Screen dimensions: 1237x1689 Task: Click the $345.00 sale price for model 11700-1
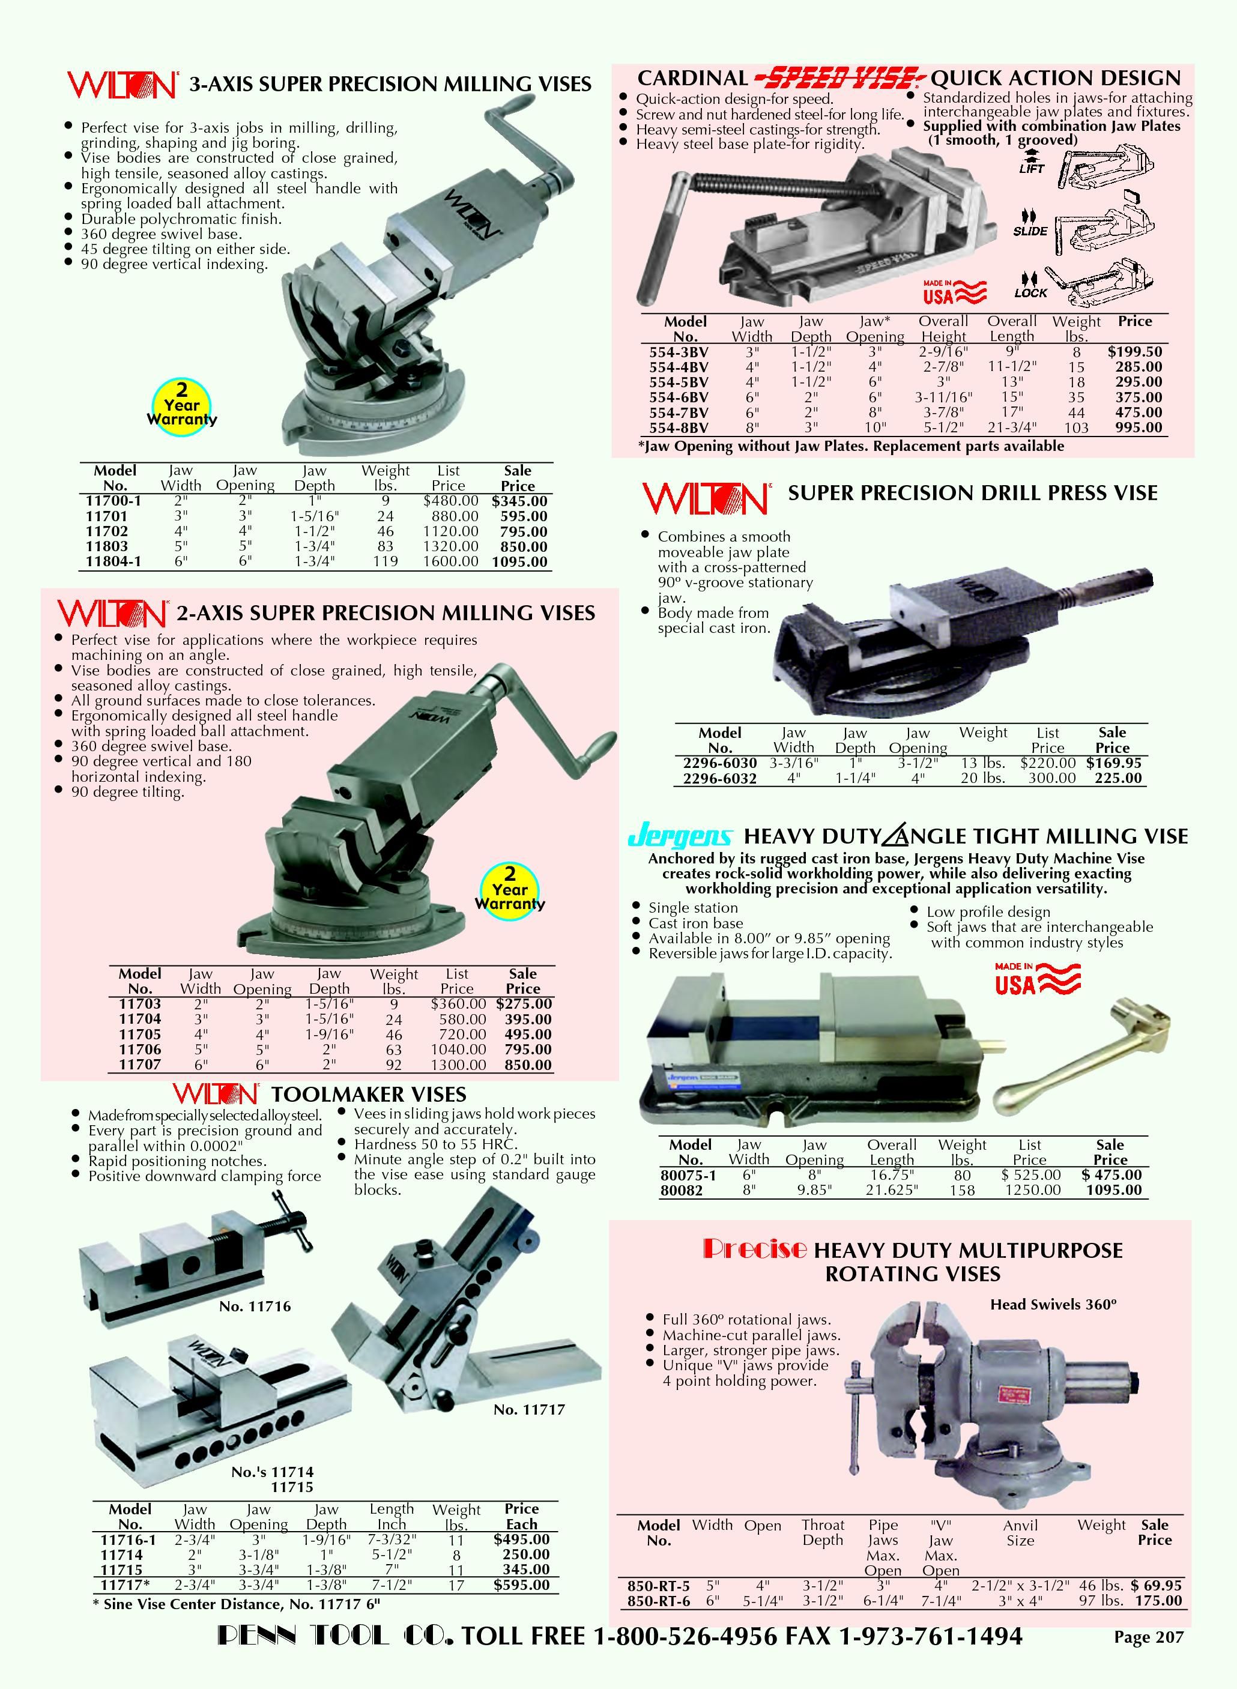519,501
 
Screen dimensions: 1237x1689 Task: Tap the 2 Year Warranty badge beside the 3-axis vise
182,405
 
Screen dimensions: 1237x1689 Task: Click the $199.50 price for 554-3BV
1135,351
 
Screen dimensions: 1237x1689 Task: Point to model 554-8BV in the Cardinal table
679,428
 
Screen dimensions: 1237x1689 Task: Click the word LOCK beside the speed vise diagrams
1031,293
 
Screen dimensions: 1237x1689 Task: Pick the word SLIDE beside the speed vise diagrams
1030,231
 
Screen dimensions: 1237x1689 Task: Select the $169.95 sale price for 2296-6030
1114,763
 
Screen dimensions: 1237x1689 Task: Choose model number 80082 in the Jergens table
682,1191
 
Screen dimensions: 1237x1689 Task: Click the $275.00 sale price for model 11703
524,1004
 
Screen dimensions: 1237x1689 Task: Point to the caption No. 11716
255,1307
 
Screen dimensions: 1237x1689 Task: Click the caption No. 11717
530,1410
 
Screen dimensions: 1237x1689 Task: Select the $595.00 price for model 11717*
522,1585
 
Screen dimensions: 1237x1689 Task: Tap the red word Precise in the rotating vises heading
755,1249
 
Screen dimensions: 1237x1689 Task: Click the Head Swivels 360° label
1053,1304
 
